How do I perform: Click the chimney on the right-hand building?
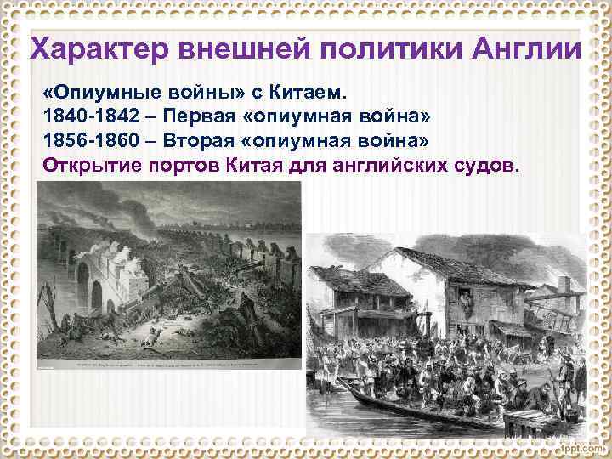pos(563,283)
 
